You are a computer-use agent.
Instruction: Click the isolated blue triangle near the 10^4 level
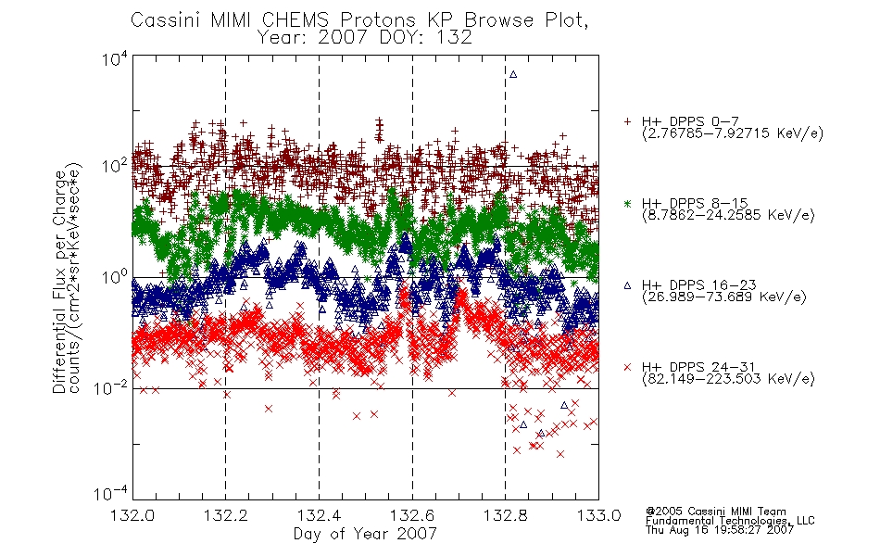click(513, 74)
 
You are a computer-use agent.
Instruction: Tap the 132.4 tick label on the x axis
click(320, 515)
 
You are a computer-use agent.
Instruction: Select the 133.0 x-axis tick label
click(598, 515)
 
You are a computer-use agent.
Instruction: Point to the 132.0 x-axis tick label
click(132, 515)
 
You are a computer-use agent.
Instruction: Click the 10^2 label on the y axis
click(115, 166)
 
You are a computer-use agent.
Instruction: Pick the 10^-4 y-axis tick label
click(111, 493)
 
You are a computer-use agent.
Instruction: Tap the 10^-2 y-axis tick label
click(111, 387)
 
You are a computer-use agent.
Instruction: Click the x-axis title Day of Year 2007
click(365, 534)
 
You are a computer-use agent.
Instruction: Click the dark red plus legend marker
click(627, 120)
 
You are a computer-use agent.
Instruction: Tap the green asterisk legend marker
click(627, 203)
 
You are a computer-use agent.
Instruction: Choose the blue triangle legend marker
click(627, 285)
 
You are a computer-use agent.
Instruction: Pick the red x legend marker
click(627, 367)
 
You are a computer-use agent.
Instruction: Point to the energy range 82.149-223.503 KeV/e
click(728, 379)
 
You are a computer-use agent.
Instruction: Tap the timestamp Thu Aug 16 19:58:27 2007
click(720, 530)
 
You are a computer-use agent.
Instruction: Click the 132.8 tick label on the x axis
click(506, 515)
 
